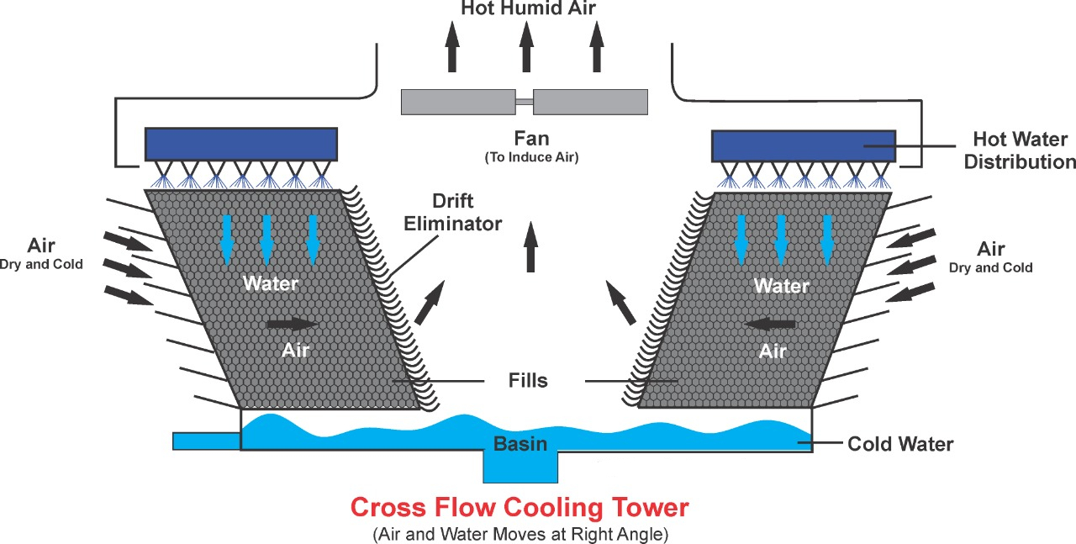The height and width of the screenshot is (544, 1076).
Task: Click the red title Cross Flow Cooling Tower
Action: pos(520,508)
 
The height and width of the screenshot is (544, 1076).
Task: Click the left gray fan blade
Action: pos(458,102)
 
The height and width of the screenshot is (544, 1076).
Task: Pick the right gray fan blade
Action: pos(590,102)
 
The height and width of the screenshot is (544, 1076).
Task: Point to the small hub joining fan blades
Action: pos(524,102)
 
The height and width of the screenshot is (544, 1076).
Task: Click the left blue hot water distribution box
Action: pos(241,144)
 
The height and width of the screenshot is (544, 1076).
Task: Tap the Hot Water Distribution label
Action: pos(1020,150)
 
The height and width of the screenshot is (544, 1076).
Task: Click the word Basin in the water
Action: pos(520,444)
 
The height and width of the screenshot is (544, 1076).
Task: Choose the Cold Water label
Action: pos(900,443)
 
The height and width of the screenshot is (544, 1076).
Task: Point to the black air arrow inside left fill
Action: pos(293,324)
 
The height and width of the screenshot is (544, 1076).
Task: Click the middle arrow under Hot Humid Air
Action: pos(526,47)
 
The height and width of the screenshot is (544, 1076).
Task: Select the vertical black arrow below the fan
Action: pos(530,246)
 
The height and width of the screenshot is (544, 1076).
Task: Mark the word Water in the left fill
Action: pos(271,283)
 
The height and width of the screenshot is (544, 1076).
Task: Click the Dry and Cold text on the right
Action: pos(990,267)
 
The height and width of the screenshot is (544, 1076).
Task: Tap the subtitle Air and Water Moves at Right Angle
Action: pos(520,533)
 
